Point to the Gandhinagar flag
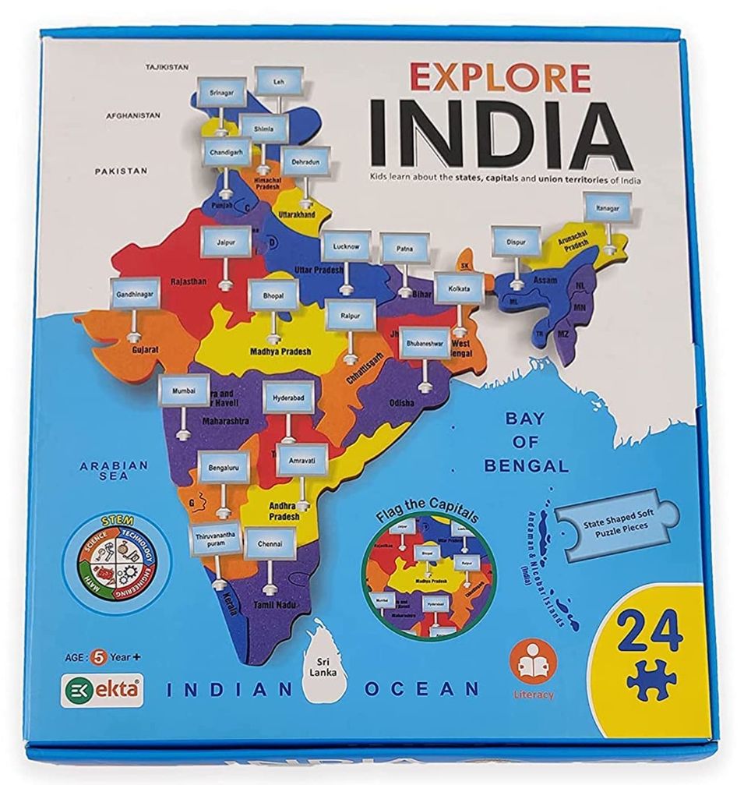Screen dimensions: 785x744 point(135,295)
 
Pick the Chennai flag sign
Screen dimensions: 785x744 point(270,542)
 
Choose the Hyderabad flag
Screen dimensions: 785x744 point(288,397)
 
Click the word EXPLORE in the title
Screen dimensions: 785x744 point(499,79)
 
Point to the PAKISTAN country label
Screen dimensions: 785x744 point(121,170)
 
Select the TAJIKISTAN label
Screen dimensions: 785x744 point(167,67)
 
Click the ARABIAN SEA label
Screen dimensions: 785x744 point(114,470)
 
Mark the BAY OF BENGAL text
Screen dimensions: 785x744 point(526,442)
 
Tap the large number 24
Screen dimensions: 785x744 point(648,631)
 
